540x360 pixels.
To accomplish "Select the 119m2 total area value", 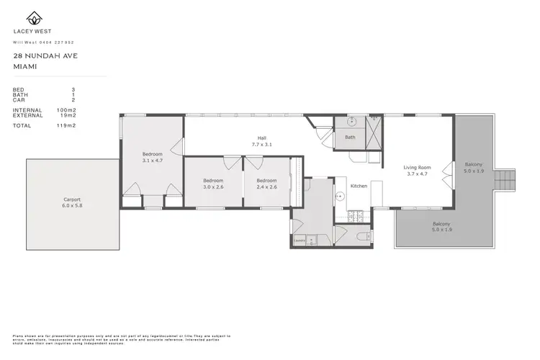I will [x=68, y=125].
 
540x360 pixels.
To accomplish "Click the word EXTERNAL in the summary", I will [x=27, y=114].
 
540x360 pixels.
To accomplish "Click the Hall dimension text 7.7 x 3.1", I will [x=262, y=145].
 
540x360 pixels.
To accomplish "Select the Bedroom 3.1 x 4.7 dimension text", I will [x=152, y=160].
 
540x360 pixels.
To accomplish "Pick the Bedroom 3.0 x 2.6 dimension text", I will [x=212, y=186].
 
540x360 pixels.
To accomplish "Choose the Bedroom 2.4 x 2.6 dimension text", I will [x=266, y=186].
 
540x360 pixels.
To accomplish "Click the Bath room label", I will [x=350, y=138].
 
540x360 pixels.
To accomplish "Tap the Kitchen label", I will [x=359, y=186].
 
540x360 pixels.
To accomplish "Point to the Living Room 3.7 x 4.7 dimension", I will [x=417, y=174].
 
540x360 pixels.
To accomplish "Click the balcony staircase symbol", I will [x=508, y=178].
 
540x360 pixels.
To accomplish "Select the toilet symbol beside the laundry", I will [x=365, y=236].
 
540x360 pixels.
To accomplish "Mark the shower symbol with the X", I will [x=374, y=130].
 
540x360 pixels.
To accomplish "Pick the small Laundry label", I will [x=300, y=238].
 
